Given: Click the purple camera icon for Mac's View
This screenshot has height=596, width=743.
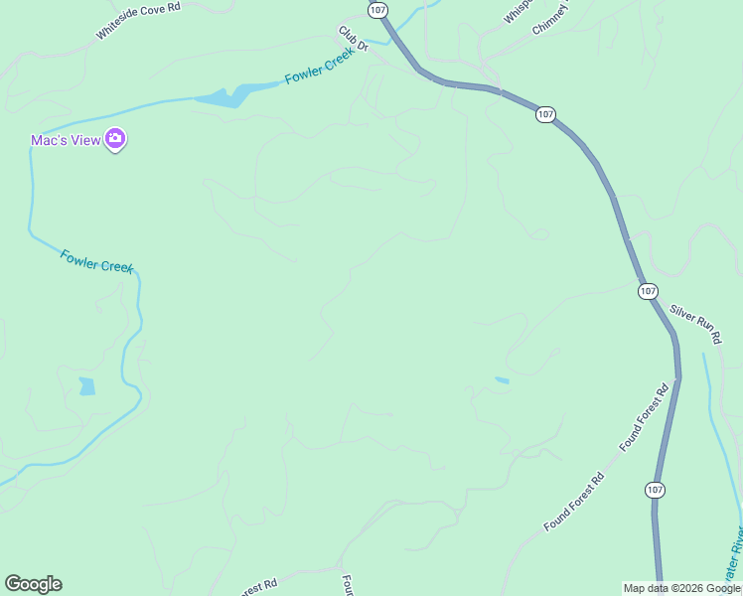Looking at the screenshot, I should (115, 140).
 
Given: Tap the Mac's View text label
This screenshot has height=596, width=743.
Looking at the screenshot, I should (66, 140).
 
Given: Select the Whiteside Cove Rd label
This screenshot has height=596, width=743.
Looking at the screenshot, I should (138, 20).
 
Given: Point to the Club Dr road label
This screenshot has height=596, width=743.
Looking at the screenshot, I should (353, 40).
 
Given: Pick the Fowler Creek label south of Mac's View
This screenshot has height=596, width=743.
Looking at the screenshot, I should (96, 261).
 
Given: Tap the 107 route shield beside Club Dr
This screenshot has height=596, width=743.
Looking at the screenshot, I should (376, 9).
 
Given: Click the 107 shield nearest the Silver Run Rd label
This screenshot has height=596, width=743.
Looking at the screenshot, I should (648, 291).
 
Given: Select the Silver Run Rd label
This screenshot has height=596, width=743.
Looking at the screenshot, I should (695, 324).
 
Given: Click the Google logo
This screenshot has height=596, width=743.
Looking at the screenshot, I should (33, 584).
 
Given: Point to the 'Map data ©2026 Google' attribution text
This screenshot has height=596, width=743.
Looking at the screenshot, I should (681, 588).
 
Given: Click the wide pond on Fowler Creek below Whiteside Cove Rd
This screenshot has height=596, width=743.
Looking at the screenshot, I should (224, 96).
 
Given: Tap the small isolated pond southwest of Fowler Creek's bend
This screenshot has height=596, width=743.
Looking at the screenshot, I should (87, 385).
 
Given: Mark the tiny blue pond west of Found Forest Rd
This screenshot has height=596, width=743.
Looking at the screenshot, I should (502, 379).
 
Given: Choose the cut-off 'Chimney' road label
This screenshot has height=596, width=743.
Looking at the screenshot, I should (552, 18).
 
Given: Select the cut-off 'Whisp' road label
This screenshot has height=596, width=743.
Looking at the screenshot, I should (519, 11).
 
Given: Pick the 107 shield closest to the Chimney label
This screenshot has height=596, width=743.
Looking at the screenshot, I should (545, 114).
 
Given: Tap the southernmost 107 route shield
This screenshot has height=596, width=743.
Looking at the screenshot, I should (654, 490).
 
